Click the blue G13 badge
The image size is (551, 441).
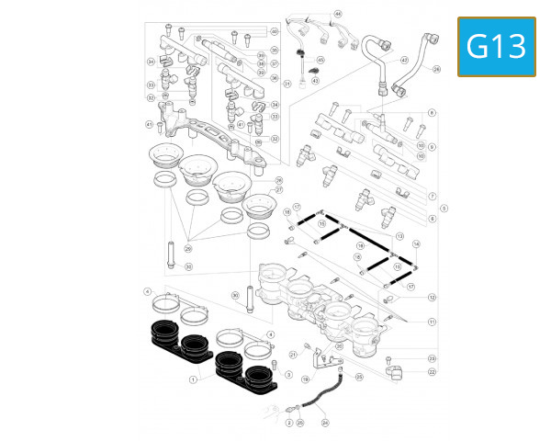click(496, 46)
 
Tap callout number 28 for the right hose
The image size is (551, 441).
click(437, 69)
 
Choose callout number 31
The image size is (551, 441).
click(287, 84)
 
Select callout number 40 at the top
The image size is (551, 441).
click(274, 31)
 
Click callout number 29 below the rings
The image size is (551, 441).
click(187, 249)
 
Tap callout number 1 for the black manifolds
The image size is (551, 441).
click(194, 379)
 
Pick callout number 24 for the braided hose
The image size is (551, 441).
click(324, 423)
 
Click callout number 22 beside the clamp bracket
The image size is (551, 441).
click(432, 371)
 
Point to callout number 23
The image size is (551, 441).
click(432, 358)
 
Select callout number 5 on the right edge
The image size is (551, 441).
click(444, 208)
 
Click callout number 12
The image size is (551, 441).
click(432, 298)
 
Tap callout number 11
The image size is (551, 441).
click(432, 322)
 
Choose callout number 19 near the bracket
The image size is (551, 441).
click(306, 379)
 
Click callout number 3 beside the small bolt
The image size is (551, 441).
click(288, 375)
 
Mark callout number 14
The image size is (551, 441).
click(416, 243)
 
